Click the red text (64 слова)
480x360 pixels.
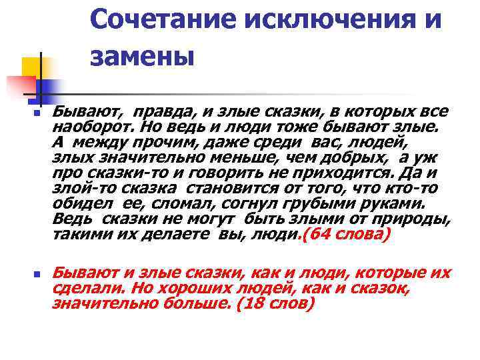(346, 235)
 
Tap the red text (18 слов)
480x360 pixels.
(273, 303)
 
